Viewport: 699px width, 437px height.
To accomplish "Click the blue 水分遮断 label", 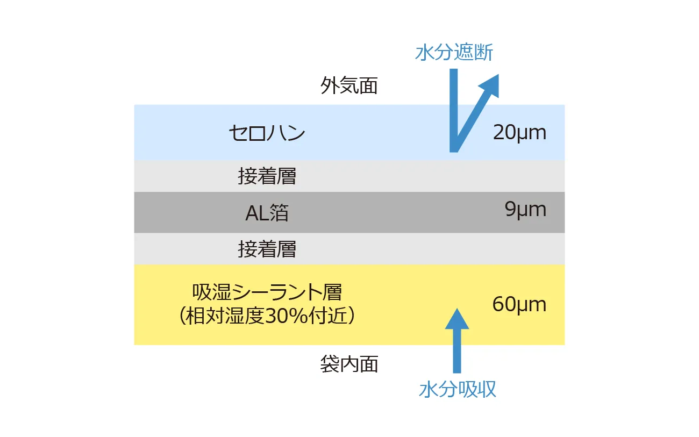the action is coord(454,52).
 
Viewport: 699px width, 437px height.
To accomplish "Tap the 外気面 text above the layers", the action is coord(349,85).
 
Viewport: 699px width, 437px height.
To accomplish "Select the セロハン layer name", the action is coord(267,133).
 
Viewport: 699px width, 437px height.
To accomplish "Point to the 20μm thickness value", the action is coord(519,133).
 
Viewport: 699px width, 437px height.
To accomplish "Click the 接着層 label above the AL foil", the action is coord(267,176).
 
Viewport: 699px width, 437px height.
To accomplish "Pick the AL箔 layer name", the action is coord(267,213).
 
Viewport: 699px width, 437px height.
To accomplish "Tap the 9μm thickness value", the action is coord(525,209).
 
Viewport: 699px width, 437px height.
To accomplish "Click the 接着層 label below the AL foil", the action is coord(267,249).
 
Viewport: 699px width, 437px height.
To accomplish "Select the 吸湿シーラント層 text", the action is coord(267,292).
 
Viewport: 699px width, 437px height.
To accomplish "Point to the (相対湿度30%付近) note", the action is coord(267,316).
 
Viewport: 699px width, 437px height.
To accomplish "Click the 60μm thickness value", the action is coord(519,304).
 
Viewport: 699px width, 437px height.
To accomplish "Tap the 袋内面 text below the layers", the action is coord(349,364).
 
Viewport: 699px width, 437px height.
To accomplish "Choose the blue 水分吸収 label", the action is coord(458,390).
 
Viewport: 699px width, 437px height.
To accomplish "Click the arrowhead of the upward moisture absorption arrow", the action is coord(457,319).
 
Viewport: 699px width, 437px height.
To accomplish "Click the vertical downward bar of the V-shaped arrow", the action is coord(454,110).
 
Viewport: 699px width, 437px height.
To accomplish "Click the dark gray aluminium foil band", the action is coord(349,212).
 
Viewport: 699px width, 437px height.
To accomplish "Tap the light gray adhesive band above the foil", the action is coord(349,176).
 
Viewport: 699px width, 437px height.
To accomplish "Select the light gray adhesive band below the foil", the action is coord(349,249).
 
